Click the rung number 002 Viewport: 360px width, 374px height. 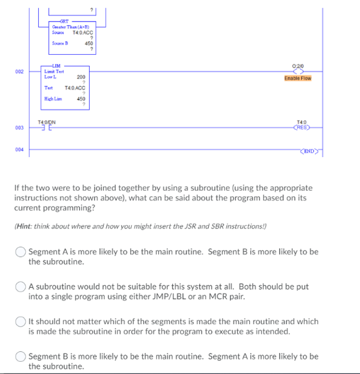pos(19,72)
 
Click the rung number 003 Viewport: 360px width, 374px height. pos(19,128)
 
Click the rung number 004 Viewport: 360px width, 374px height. pos(19,149)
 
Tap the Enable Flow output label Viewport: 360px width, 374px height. pos(298,78)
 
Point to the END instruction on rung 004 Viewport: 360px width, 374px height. pos(308,150)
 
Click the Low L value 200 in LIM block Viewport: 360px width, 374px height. pos(81,77)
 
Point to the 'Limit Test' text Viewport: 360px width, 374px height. pos(54,72)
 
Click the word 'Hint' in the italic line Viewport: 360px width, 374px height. pos(23,226)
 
